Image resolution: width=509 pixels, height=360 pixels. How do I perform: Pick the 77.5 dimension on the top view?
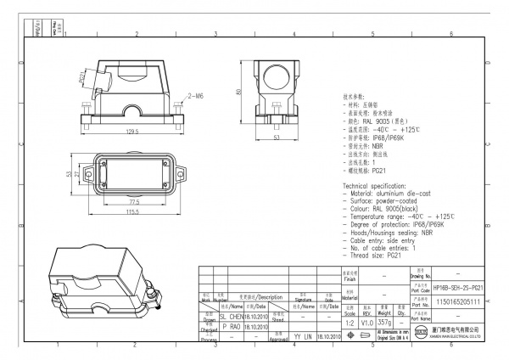134,202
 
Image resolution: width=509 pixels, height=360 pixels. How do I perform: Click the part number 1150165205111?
457,301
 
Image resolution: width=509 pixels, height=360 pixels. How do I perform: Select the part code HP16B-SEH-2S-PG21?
458,289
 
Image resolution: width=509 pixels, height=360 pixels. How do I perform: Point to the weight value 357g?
384,323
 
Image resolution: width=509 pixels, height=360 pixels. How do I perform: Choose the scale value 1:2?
349,323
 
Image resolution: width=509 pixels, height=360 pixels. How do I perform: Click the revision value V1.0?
366,323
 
